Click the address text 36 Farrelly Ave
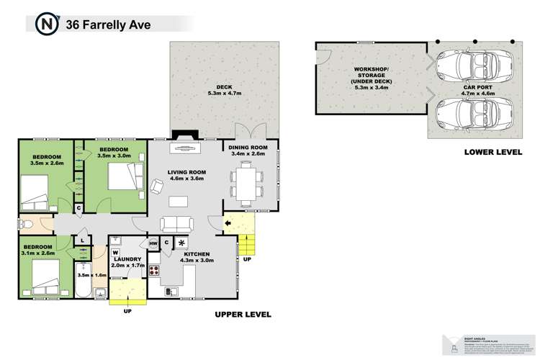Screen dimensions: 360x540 pos(98,24)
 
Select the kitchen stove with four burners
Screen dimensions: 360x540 pos(153,271)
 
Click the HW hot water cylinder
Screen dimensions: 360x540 pos(153,243)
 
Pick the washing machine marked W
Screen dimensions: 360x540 pos(115,252)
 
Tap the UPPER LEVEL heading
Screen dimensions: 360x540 pos(242,315)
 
